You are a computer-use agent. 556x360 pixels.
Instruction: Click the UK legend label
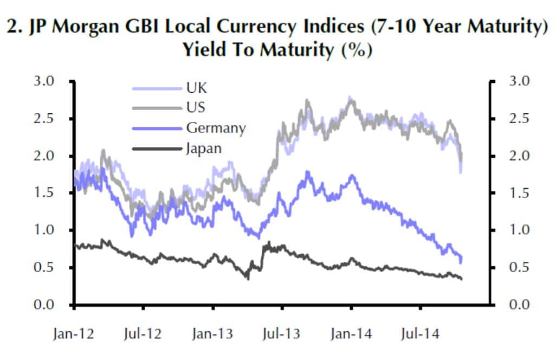click(196, 88)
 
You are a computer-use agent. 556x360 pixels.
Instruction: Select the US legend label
click(196, 108)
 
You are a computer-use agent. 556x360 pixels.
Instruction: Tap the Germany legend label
click(216, 128)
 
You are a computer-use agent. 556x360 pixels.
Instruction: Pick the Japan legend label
click(204, 148)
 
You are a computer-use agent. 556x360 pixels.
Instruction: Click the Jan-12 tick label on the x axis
click(74, 334)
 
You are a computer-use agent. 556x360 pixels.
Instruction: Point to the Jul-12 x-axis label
click(144, 334)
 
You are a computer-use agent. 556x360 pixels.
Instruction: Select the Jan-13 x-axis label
click(212, 334)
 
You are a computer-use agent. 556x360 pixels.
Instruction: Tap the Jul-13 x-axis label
click(282, 334)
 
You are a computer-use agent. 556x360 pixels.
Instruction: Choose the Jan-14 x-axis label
click(351, 334)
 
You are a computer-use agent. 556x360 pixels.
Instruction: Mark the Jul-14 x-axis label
click(421, 334)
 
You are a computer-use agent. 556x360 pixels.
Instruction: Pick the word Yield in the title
click(205, 50)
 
